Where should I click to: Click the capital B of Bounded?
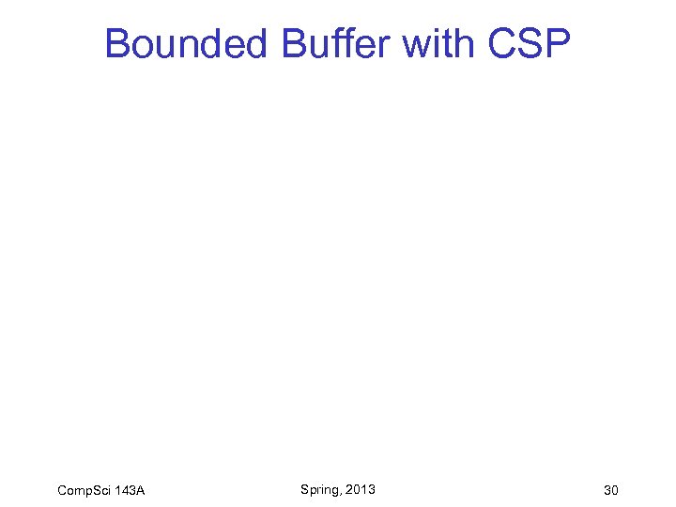click(117, 43)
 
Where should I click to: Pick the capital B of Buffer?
click(294, 43)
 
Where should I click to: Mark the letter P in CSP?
click(557, 43)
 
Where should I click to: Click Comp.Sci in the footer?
click(85, 490)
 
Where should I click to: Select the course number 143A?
click(130, 490)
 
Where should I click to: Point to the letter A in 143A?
click(140, 490)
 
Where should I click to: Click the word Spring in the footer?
click(319, 489)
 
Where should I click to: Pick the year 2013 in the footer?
click(361, 489)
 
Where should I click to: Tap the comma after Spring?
click(341, 493)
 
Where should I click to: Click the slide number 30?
click(612, 490)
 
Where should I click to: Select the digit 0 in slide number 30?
click(616, 490)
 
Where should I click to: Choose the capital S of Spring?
click(305, 489)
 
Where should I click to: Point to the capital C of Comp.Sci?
click(62, 490)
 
